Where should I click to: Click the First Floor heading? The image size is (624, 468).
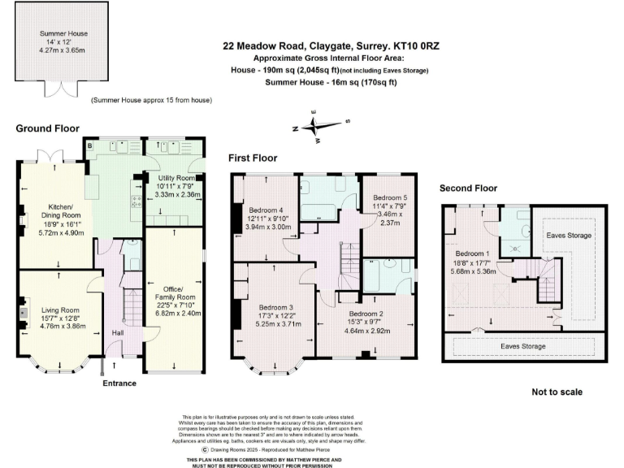(252, 158)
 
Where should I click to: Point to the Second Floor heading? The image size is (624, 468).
(468, 188)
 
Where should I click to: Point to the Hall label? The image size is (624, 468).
(116, 332)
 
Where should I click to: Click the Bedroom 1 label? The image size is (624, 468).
(471, 253)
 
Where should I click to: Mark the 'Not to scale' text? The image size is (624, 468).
(556, 392)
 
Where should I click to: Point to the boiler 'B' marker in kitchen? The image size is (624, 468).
(89, 146)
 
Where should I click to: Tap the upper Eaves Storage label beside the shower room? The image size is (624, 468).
(569, 236)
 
